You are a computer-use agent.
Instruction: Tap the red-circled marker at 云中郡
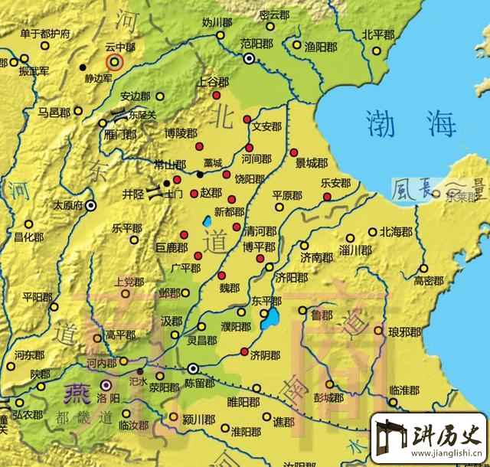pyautogui.click(x=114, y=61)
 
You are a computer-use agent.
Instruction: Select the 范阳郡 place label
pyautogui.click(x=256, y=43)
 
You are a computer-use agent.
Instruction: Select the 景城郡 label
pyautogui.click(x=312, y=163)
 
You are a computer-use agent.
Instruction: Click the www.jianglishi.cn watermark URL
pyautogui.click(x=443, y=457)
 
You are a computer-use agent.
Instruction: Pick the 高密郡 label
pyautogui.click(x=429, y=280)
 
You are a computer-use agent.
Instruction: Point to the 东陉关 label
pyautogui.click(x=142, y=116)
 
